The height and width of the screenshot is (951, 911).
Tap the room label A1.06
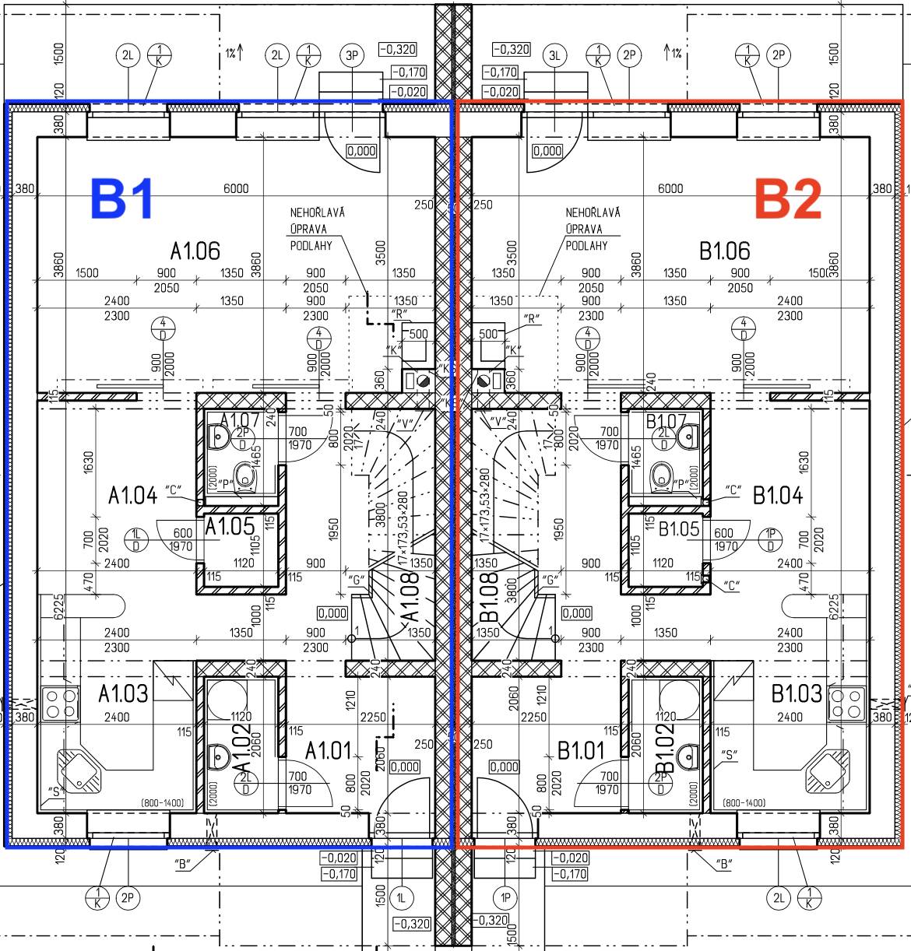point(195,251)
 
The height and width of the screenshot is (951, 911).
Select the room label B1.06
point(724,251)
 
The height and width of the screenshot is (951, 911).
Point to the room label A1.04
point(132,495)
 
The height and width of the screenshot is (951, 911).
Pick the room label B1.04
point(777,495)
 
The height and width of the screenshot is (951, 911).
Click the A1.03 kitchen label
point(123,693)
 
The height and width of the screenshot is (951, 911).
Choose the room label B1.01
point(581,751)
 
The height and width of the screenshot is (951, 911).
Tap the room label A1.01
point(328,751)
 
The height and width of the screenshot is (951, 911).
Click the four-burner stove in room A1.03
point(60,704)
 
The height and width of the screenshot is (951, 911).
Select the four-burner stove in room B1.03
point(846,704)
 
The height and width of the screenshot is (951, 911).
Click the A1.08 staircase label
point(410,597)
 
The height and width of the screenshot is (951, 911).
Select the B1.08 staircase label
point(488,597)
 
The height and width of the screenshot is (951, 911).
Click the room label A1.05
point(230,527)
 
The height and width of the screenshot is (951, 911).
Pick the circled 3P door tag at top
point(352,55)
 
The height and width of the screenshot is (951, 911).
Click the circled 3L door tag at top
point(554,55)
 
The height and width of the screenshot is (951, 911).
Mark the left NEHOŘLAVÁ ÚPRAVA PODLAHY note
point(318,229)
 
